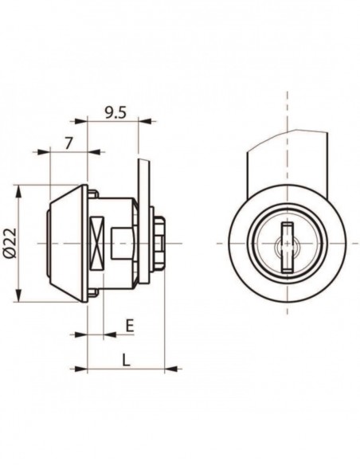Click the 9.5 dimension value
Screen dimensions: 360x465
[115, 113]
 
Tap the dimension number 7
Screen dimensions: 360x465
[68, 143]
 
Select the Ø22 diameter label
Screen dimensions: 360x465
[10, 243]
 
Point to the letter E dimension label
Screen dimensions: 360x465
[129, 326]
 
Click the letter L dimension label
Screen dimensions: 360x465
[126, 361]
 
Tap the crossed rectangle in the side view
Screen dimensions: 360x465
[97, 243]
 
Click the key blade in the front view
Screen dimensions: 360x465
[287, 247]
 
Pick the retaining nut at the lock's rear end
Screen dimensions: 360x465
[159, 243]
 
